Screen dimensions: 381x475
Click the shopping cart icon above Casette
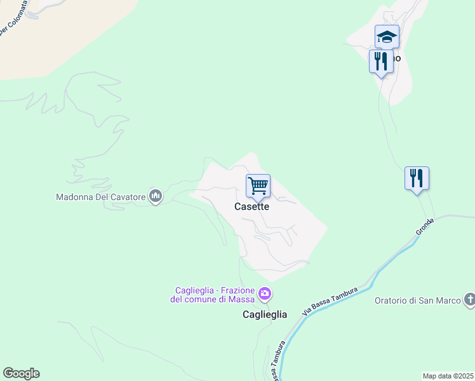[258, 186]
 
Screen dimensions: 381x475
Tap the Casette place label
[252, 206]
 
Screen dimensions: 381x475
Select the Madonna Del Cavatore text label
[101, 197]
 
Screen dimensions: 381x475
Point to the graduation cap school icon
[386, 37]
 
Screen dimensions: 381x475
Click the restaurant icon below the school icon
[380, 62]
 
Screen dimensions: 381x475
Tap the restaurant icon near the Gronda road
[417, 178]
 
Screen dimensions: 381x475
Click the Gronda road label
[425, 227]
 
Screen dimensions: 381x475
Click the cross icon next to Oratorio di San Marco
[469, 299]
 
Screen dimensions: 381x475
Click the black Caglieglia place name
[265, 314]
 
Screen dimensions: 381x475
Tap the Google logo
[21, 373]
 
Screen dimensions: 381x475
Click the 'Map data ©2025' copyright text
[448, 376]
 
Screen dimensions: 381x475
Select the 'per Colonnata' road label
[13, 20]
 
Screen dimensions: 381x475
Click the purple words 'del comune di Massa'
[212, 299]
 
